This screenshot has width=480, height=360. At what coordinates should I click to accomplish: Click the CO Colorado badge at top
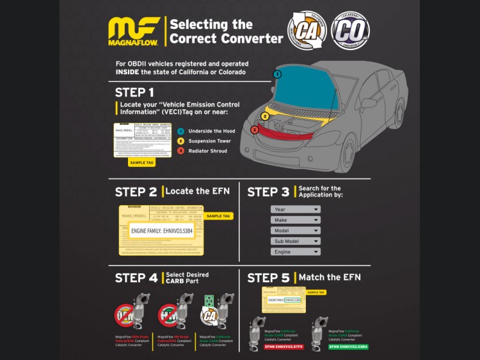coord(350,29)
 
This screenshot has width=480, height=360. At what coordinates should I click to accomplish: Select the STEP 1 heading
coord(134,92)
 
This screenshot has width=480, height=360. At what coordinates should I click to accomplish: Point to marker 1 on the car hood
coord(277,74)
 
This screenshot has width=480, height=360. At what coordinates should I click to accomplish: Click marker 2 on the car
coord(265,116)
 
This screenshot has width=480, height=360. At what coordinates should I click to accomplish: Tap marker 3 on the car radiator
coord(255,130)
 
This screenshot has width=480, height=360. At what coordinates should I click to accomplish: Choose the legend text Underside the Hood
coord(211,130)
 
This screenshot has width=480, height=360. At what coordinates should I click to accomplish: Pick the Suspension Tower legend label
coord(210,141)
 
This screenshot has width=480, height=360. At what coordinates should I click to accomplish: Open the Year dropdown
coord(295,209)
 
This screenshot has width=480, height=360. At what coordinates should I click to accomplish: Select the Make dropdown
coord(295,220)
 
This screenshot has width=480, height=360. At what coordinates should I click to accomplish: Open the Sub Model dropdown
coord(295,241)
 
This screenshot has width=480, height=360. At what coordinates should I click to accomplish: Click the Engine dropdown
coord(295,252)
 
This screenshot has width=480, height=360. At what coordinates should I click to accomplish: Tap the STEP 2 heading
coord(136,192)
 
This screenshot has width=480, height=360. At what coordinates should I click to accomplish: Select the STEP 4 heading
coord(136,278)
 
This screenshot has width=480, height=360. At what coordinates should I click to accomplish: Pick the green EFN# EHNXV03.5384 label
coord(348,347)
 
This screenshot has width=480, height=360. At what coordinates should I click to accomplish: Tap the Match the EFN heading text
coord(330,278)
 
